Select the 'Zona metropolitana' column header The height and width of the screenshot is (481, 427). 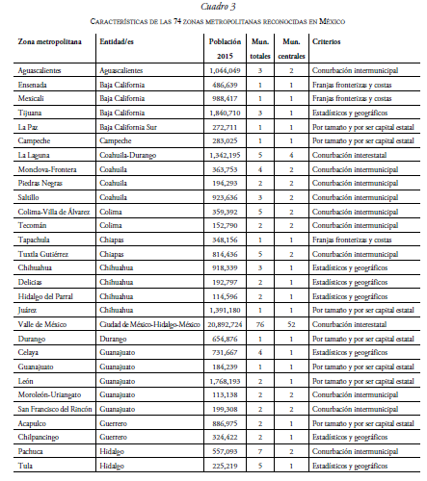[x=50, y=43]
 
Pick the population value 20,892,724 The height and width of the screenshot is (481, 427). [x=223, y=325]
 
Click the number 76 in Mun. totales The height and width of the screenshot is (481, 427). [x=259, y=325]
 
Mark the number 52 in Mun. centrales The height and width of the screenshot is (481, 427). [x=290, y=325]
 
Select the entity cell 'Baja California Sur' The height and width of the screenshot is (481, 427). [x=136, y=125]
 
